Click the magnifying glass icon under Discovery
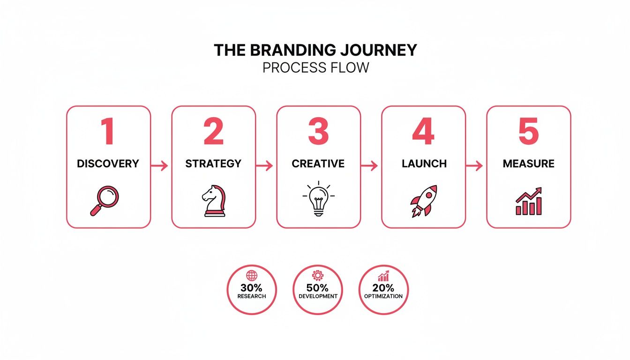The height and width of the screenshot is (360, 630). pos(105,201)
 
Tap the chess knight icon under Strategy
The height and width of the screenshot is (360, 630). pos(213,201)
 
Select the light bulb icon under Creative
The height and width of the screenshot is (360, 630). pos(318,199)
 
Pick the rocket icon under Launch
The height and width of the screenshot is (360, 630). pos(423,201)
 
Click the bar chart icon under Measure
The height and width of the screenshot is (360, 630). pos(529,202)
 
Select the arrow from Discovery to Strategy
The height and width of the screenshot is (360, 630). pos(160,165)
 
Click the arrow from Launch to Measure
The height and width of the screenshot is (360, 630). pos(475,165)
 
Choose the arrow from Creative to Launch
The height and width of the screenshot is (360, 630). pos(370,165)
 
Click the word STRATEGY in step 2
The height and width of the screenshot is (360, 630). pos(213,164)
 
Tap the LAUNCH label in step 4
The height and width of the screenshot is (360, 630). pos(424,164)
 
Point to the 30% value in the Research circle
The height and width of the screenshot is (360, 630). pos(252,288)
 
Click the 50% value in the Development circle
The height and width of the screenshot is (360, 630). pos(318,288)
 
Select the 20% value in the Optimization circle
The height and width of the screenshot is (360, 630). pos(383,288)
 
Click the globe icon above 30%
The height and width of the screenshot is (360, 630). pos(252,276)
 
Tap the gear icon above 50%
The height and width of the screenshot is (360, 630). pos(318,276)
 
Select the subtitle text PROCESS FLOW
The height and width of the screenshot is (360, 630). pos(315,67)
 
